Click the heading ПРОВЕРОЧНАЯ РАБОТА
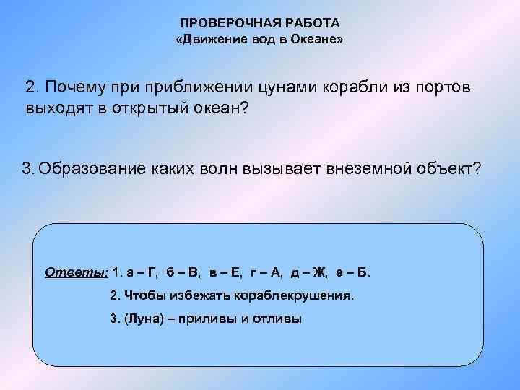[259, 24]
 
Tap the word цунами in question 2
[283, 87]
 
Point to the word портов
[441, 87]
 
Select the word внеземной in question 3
[376, 169]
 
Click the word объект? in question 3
[451, 169]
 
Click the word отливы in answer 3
[280, 318]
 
